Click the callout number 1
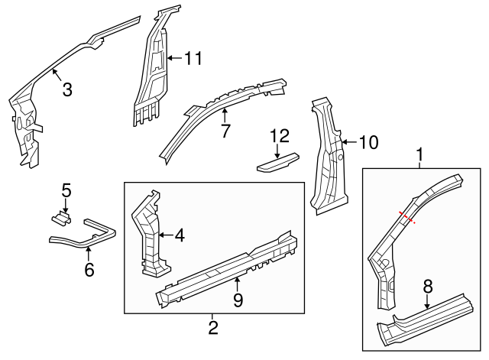click(419, 156)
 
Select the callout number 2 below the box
click(213, 329)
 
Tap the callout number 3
click(67, 89)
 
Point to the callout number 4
click(179, 235)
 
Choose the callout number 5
click(66, 190)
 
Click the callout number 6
click(89, 269)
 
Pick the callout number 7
click(225, 131)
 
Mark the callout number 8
click(428, 287)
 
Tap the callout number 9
click(238, 300)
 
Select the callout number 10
click(368, 141)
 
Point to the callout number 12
click(280, 136)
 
